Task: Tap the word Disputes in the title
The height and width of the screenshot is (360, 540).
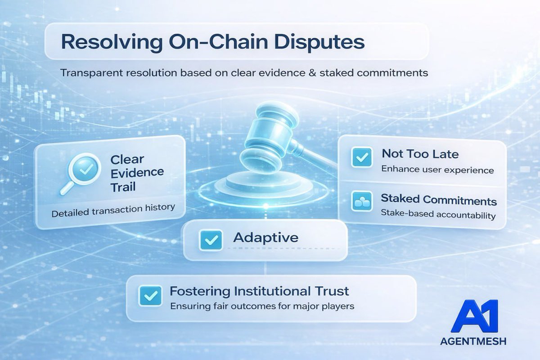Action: (319, 42)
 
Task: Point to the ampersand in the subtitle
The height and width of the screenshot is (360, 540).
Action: (312, 73)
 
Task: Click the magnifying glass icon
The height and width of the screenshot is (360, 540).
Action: (80, 173)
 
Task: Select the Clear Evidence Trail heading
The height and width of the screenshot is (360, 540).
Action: (137, 173)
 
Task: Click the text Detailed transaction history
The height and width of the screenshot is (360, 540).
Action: (113, 211)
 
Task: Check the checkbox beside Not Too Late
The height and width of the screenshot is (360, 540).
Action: (361, 157)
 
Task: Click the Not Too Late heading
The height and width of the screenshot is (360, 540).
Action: (420, 154)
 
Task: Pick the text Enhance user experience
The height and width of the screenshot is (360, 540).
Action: (437, 170)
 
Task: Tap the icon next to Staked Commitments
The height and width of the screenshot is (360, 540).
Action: (361, 201)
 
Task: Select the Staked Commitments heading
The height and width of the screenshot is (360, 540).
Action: (439, 200)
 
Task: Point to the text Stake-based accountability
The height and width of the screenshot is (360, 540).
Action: (438, 214)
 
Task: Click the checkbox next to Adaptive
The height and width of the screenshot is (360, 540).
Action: (211, 240)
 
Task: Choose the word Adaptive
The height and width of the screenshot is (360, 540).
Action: (265, 238)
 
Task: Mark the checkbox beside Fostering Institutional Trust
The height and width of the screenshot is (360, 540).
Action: (150, 296)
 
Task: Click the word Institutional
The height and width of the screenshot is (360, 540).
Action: (272, 291)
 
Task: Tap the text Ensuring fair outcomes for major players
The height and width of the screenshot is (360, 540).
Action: (262, 306)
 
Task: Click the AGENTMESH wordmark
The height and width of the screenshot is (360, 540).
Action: (473, 342)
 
